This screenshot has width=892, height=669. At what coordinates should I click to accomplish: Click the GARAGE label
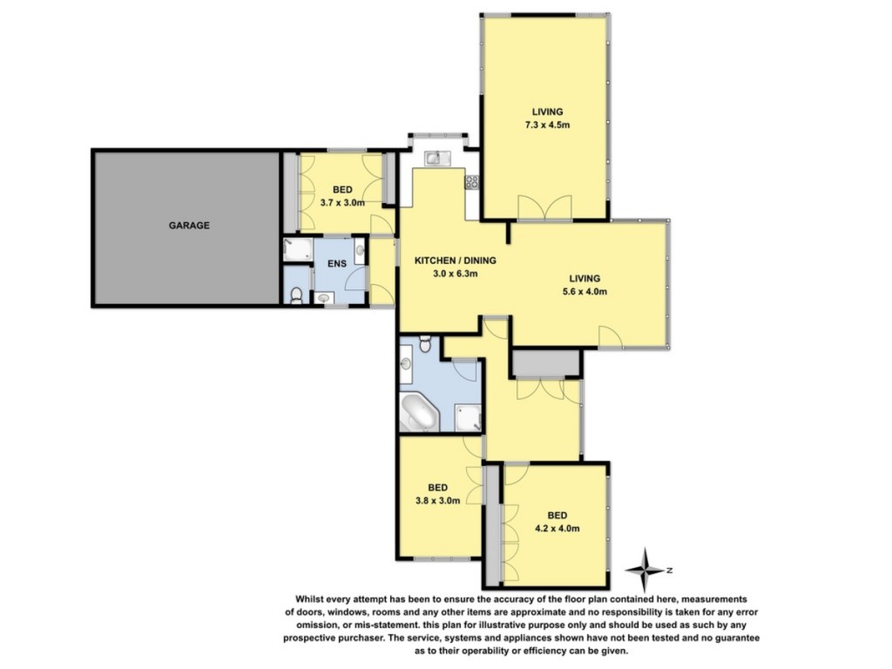(189, 226)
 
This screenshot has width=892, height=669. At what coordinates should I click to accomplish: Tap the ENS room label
(337, 264)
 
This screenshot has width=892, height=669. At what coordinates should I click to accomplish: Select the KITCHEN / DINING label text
(455, 260)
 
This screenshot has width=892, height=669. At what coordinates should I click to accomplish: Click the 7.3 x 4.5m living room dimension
(547, 125)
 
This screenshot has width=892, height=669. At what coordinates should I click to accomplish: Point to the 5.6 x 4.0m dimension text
(585, 292)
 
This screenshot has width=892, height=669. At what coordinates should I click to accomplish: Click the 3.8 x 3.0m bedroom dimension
(437, 501)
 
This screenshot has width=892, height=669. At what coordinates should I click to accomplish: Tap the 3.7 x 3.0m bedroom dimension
(342, 202)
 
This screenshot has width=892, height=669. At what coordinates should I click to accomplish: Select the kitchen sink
(437, 158)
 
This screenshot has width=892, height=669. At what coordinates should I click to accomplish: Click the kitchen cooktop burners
(472, 181)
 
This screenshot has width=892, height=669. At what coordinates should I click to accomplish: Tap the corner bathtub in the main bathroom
(419, 412)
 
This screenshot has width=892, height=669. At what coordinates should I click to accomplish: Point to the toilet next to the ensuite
(296, 294)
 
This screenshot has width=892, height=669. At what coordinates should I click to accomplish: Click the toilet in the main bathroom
(425, 343)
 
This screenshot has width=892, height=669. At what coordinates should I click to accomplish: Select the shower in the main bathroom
(468, 417)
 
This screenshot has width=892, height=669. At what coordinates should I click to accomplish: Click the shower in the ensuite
(298, 250)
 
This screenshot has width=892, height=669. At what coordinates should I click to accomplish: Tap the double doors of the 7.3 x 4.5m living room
(544, 207)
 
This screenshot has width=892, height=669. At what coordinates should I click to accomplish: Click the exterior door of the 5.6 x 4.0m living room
(610, 337)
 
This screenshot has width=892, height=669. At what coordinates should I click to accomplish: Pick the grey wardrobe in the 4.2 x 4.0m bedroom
(493, 525)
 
